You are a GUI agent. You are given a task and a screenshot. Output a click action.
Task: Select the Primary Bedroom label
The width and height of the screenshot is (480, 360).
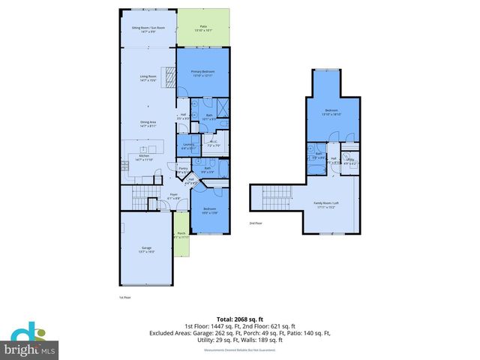(x=202, y=73)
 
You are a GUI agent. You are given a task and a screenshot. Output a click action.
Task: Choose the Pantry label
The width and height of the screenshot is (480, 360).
(x=183, y=170)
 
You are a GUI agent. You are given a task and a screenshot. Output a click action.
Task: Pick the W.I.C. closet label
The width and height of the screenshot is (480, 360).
(x=213, y=143)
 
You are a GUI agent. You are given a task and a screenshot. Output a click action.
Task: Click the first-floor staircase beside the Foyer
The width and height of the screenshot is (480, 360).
(x=141, y=198)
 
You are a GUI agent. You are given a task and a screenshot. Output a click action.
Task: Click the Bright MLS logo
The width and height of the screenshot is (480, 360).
(x=30, y=343)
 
